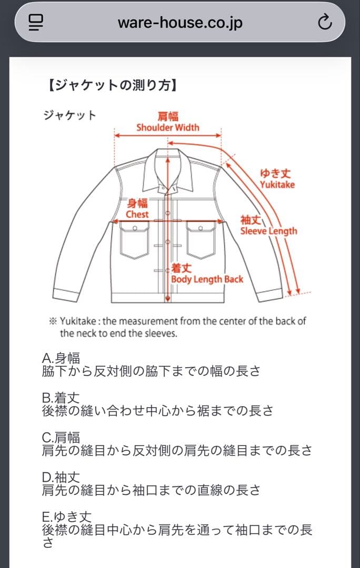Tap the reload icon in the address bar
click(x=325, y=22)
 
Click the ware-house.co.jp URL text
click(x=180, y=22)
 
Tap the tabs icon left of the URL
click(x=36, y=22)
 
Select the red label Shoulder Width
click(x=167, y=127)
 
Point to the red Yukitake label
click(x=277, y=185)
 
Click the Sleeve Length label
click(x=268, y=231)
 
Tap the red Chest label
click(x=137, y=215)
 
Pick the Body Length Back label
click(x=207, y=279)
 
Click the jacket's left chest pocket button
click(x=135, y=229)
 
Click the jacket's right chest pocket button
click(x=201, y=229)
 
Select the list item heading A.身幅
click(x=61, y=359)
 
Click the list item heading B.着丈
click(x=61, y=398)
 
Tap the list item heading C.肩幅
click(x=61, y=438)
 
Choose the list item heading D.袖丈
click(x=61, y=478)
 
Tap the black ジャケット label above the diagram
click(x=70, y=115)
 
